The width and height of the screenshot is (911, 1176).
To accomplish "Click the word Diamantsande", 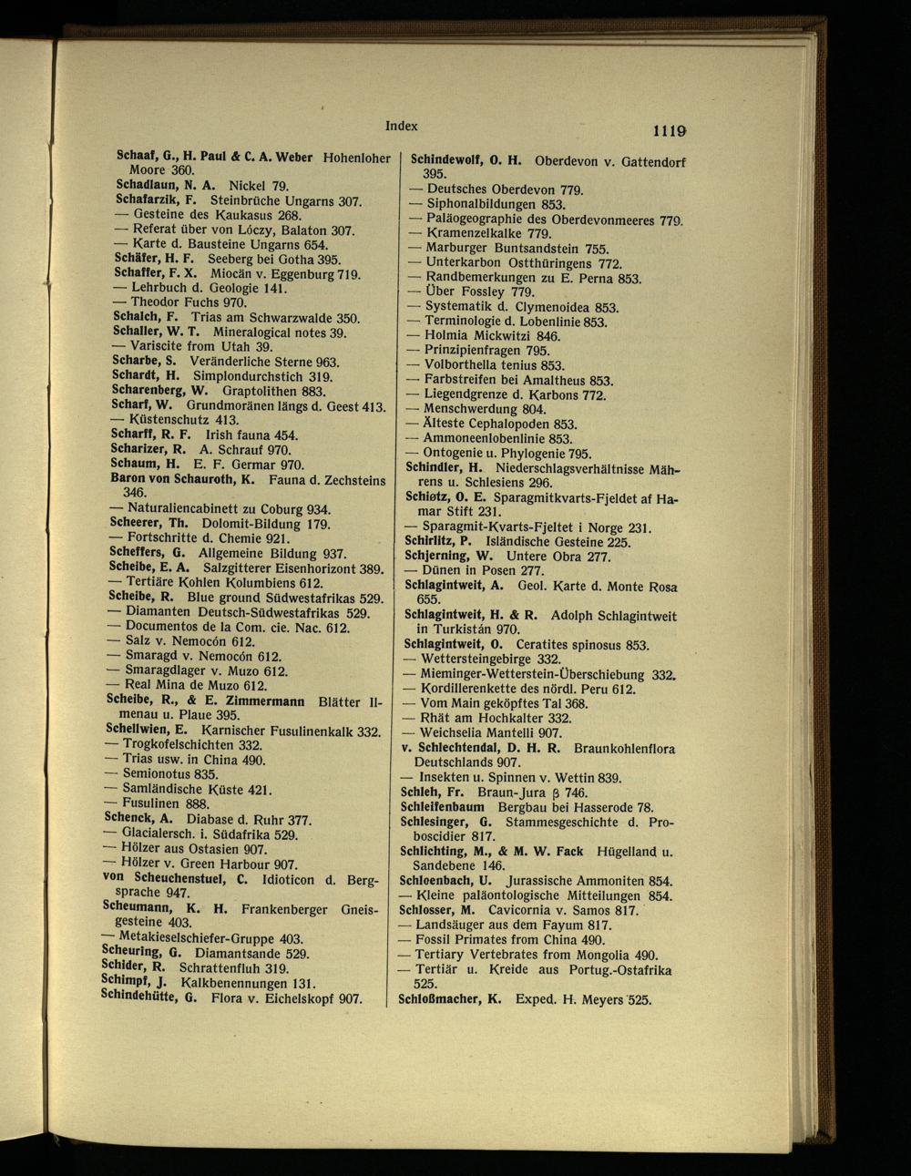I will pos(238,954).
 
